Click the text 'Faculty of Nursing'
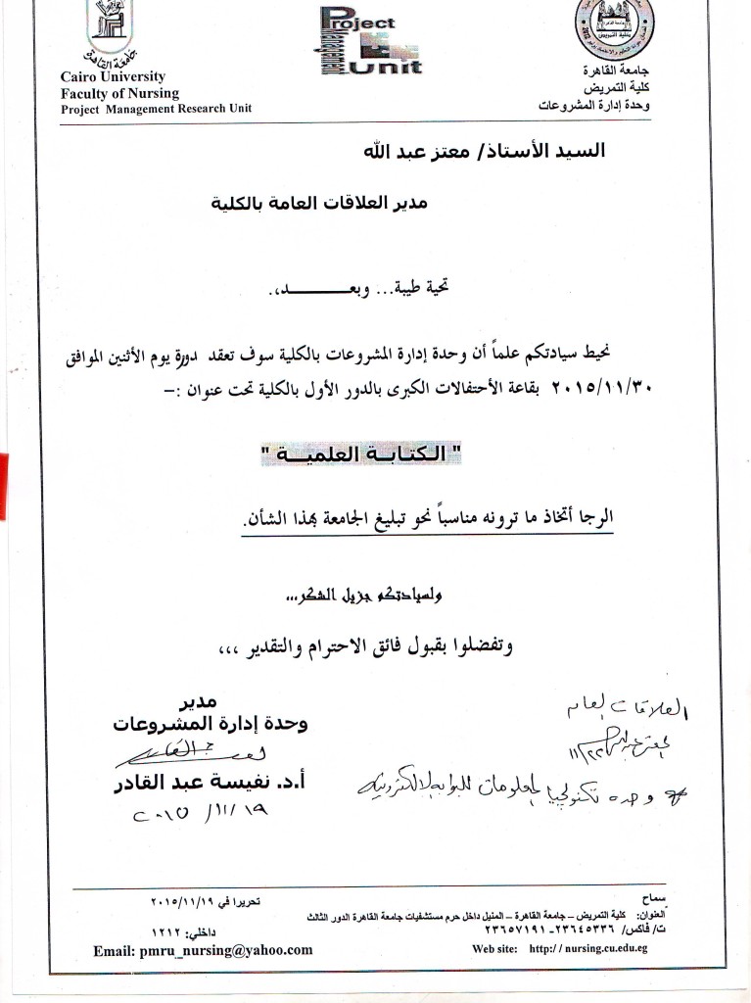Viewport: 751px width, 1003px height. click(x=119, y=93)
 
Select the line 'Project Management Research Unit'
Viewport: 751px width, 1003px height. click(x=156, y=109)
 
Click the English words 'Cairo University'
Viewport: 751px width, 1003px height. click(x=113, y=77)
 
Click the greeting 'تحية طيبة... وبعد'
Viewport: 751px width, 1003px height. click(x=353, y=290)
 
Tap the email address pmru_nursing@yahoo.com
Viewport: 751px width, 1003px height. click(x=204, y=949)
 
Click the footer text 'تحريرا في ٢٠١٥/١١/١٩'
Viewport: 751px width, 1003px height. click(x=206, y=899)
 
